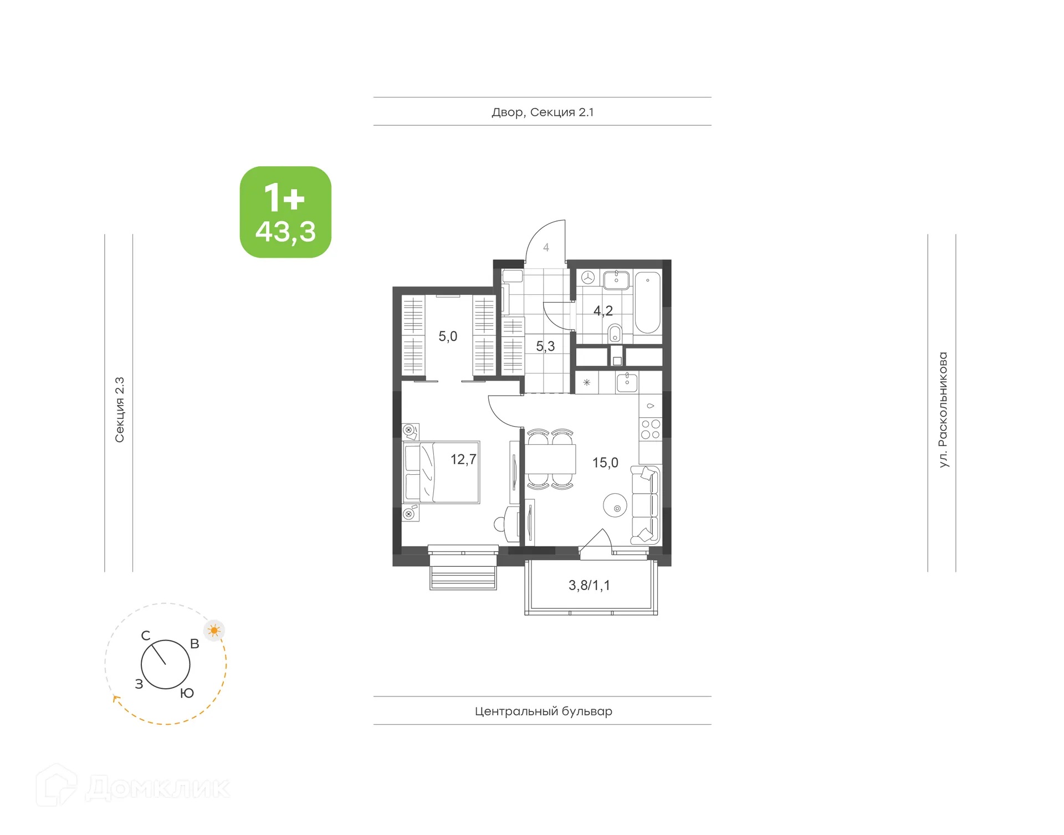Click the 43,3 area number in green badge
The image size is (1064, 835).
(x=285, y=232)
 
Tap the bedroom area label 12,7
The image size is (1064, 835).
(x=463, y=459)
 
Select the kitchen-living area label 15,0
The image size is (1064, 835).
(x=605, y=463)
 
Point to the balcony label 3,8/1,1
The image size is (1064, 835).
(x=589, y=586)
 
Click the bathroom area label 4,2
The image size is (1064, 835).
(x=603, y=311)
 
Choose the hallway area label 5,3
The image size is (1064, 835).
(x=545, y=346)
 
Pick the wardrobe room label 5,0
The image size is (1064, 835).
(x=448, y=336)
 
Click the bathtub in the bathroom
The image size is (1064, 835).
(x=647, y=302)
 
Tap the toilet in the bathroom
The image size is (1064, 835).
(x=615, y=334)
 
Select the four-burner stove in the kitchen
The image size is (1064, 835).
(x=651, y=429)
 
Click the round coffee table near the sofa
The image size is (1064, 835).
(x=615, y=505)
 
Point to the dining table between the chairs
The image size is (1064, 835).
(x=550, y=459)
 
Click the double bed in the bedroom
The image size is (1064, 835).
(x=442, y=472)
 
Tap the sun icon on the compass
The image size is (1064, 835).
(x=214, y=631)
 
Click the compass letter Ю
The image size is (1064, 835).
(x=187, y=693)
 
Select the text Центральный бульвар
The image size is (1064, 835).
(x=543, y=711)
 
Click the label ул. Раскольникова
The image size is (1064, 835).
(x=943, y=409)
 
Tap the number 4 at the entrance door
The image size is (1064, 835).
(x=546, y=248)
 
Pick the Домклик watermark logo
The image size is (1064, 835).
(x=133, y=787)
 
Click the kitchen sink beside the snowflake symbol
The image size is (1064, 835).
(x=627, y=382)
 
